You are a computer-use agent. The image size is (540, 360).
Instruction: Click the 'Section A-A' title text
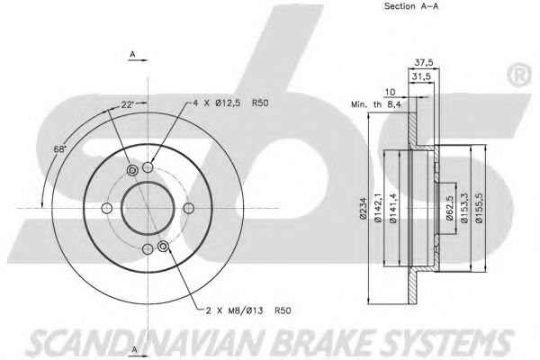coord(411,6)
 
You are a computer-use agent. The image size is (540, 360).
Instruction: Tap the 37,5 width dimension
coord(424,63)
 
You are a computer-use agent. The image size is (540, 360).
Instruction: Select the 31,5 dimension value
coord(421,76)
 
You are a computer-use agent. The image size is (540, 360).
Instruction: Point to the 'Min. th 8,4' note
coord(376,104)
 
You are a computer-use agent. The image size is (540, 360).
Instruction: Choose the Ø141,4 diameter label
coord(393,208)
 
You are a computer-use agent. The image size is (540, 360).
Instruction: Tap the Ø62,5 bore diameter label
coord(449,208)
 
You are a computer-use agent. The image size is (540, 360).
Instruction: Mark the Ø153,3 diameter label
coord(464,208)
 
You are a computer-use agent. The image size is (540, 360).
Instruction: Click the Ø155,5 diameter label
coord(479,208)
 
